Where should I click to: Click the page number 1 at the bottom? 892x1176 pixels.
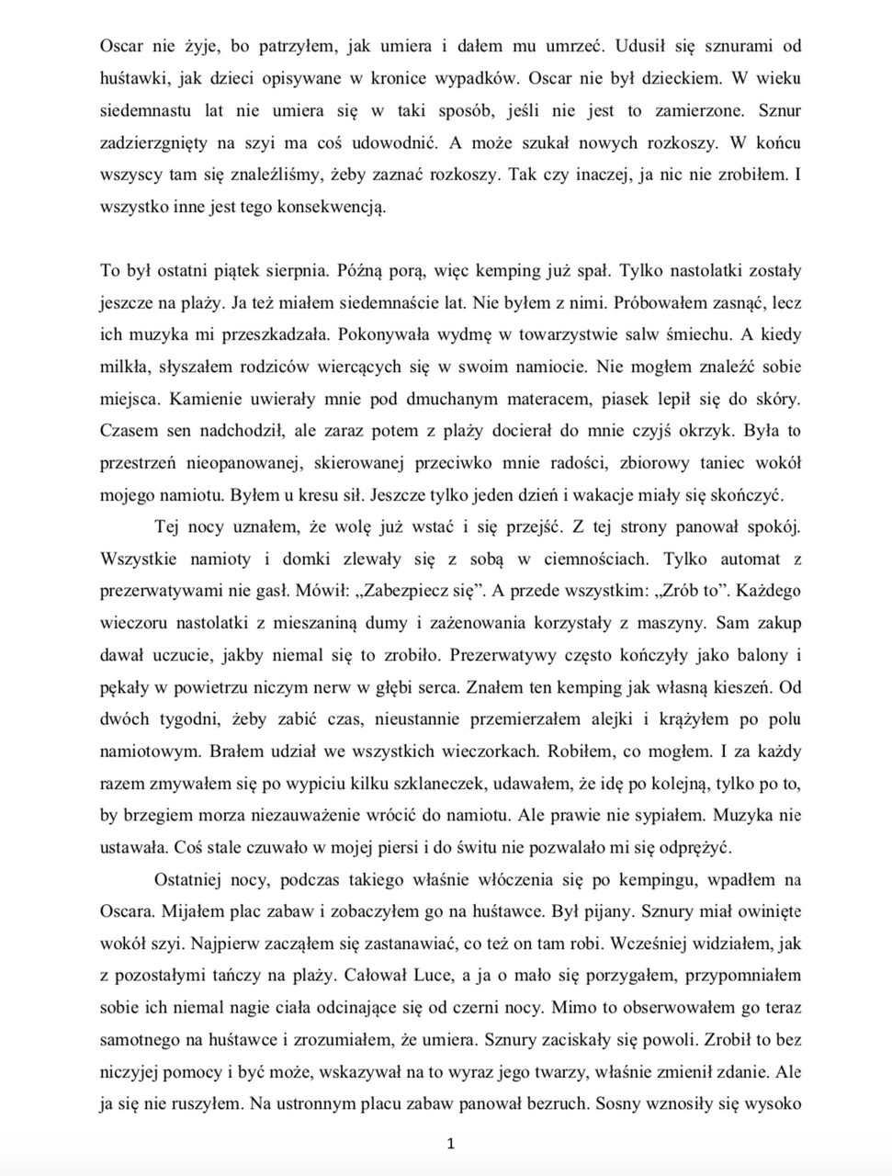450,1144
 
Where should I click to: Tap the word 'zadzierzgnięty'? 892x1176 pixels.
153,142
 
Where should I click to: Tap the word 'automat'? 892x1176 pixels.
749,559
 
